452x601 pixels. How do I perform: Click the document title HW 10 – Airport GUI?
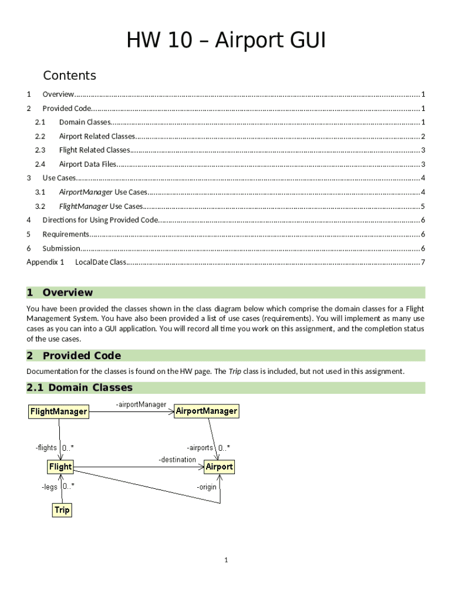[x=226, y=42]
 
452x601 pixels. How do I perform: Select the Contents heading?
[x=69, y=76]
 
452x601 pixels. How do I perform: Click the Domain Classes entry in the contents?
[x=85, y=122]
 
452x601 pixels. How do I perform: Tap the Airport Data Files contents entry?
[x=87, y=164]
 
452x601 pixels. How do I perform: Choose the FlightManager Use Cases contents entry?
[x=101, y=207]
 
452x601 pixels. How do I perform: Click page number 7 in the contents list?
[x=423, y=262]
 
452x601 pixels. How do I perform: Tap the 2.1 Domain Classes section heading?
[x=80, y=387]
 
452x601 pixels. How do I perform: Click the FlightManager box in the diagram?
[x=59, y=411]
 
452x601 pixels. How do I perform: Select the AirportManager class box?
[x=207, y=411]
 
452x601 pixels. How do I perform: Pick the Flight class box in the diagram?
[x=60, y=467]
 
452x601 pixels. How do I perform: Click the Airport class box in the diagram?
[x=219, y=467]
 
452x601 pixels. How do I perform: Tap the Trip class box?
[x=62, y=510]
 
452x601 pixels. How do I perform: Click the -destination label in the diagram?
[x=177, y=460]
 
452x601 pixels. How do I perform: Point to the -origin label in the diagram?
[x=207, y=487]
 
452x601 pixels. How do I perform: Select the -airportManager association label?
[x=141, y=404]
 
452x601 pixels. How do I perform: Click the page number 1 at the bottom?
[x=225, y=560]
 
